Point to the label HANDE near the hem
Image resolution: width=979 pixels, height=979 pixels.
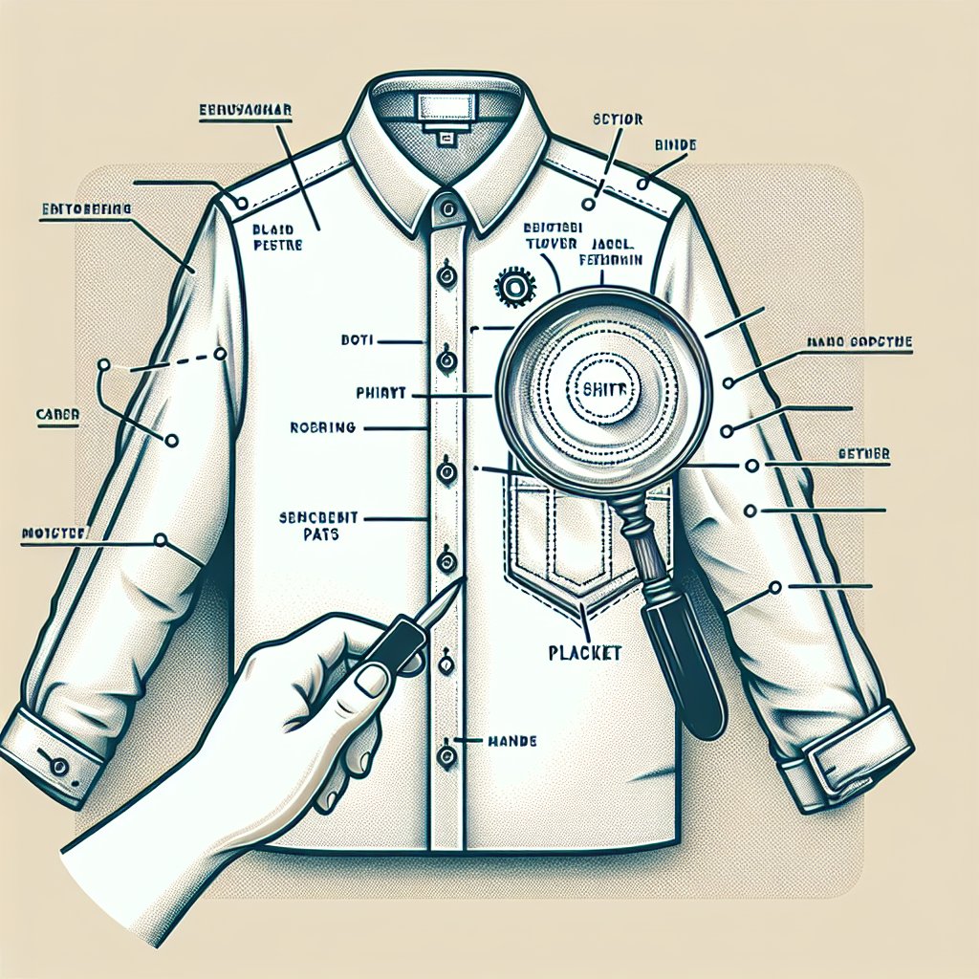[x=511, y=740]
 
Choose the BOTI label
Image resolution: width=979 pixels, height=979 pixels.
[x=358, y=339]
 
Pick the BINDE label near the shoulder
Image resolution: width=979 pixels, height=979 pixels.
[x=675, y=144]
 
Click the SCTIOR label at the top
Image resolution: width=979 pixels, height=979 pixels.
[x=618, y=120]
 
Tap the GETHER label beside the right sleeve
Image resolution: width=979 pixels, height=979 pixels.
[x=863, y=453]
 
